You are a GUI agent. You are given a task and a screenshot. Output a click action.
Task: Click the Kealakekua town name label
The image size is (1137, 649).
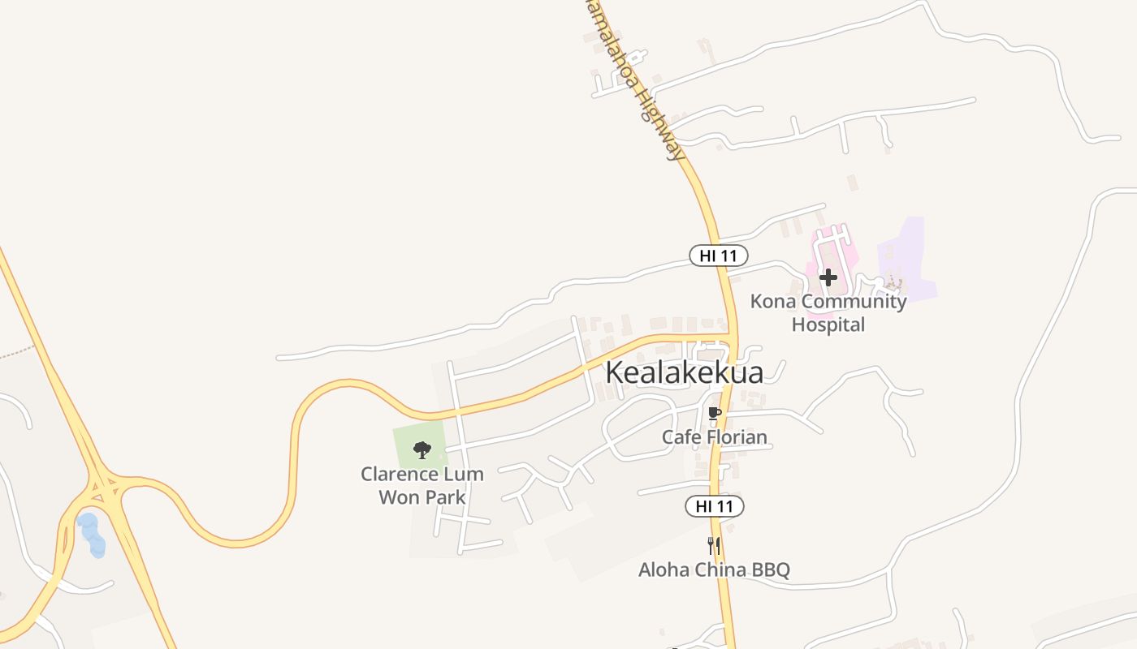(685, 372)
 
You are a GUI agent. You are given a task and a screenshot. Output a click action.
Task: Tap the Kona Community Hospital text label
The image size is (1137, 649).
(828, 312)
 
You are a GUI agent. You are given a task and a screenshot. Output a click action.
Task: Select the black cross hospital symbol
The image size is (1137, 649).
(828, 277)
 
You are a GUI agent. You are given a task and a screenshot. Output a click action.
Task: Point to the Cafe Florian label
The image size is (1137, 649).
(714, 437)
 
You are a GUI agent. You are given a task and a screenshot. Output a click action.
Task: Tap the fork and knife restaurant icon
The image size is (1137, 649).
(714, 545)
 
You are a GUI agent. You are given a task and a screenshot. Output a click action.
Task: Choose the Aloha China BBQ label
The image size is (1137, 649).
(714, 569)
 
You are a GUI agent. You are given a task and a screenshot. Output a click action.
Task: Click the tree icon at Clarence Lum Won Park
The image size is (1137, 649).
(422, 450)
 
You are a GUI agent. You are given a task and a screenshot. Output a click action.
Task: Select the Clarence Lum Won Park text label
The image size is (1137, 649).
(422, 485)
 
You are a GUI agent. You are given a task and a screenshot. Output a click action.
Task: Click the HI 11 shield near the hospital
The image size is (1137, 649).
(719, 256)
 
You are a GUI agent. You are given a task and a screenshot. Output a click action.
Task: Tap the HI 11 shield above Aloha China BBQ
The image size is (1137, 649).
(715, 507)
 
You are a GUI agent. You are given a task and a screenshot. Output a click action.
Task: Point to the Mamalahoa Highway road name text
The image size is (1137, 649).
(638, 81)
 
